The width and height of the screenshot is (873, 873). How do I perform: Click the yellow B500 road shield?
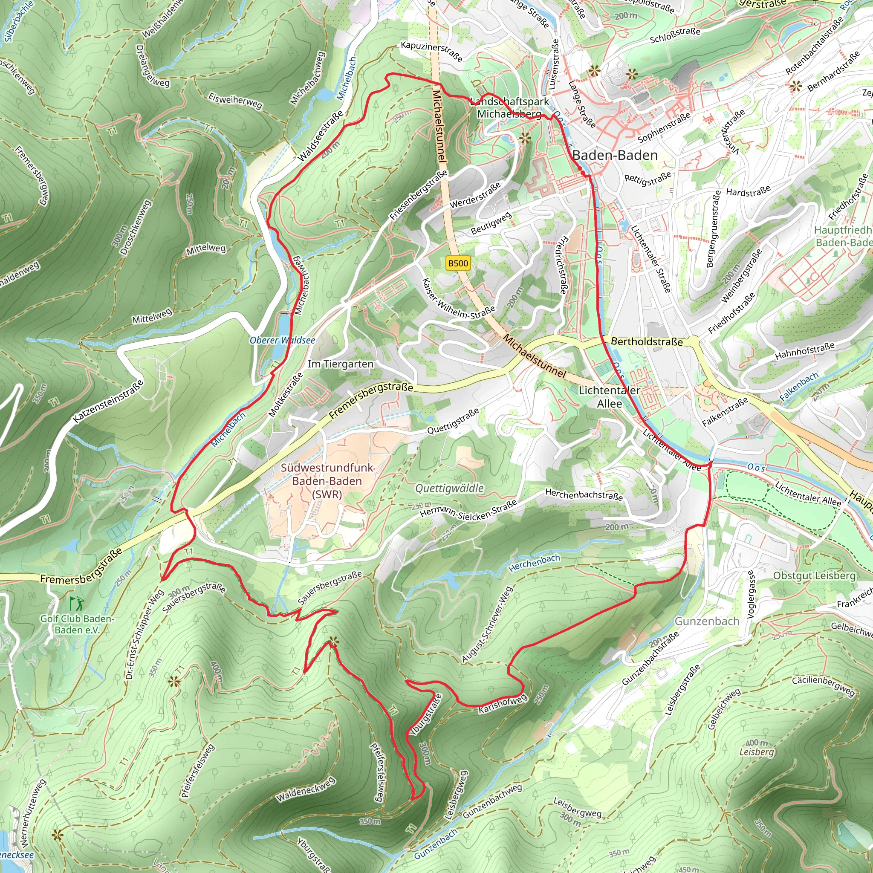click(x=457, y=263)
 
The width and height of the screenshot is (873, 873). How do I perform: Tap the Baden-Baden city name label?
click(x=615, y=156)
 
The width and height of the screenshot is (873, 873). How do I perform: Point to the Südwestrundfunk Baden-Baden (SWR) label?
click(x=327, y=481)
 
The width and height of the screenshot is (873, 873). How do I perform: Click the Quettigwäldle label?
click(x=449, y=489)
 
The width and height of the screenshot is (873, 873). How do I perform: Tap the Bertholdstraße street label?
click(x=647, y=341)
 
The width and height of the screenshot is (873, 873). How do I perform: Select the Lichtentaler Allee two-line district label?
click(x=609, y=397)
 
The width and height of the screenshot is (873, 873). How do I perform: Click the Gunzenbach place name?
click(x=707, y=622)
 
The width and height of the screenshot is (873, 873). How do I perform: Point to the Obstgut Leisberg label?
click(x=814, y=575)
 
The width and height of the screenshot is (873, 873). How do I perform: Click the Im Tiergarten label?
click(x=340, y=364)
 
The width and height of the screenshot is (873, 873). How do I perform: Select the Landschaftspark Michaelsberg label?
click(x=509, y=107)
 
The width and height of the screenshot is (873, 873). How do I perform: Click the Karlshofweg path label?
click(x=503, y=705)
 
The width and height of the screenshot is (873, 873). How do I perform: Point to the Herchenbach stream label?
click(x=534, y=564)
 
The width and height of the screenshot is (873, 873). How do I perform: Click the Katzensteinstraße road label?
click(x=108, y=402)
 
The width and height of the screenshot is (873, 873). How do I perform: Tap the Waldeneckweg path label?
click(x=306, y=789)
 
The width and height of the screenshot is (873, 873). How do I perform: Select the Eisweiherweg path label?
click(x=235, y=101)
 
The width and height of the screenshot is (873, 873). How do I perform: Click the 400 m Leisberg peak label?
click(x=757, y=747)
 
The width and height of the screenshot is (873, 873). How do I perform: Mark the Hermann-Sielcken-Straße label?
click(x=468, y=509)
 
